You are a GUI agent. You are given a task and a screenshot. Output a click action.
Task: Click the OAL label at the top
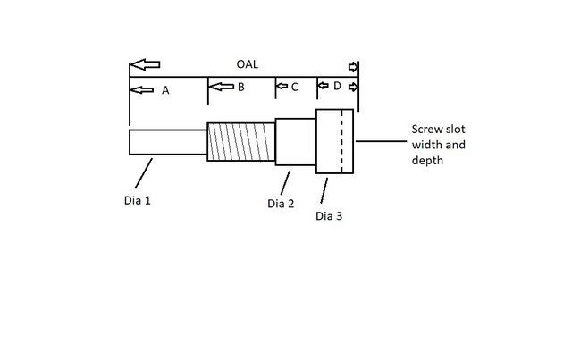tap(248, 65)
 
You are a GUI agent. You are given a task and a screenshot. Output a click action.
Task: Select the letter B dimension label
tap(240, 87)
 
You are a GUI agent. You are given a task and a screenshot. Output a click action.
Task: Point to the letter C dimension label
tap(294, 87)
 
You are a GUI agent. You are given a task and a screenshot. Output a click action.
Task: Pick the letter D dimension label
tap(336, 87)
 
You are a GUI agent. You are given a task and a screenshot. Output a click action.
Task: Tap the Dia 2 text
tap(281, 204)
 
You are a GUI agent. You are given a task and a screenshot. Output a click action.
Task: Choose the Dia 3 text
tap(329, 215)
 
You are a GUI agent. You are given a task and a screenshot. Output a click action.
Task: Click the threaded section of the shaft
tap(240, 141)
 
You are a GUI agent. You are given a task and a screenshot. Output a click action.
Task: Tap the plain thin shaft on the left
tap(168, 142)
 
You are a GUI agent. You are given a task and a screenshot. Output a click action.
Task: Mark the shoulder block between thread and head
tap(295, 141)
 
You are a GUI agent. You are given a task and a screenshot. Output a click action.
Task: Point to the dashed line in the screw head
tap(341, 141)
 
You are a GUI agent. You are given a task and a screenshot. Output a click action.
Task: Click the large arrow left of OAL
tap(144, 65)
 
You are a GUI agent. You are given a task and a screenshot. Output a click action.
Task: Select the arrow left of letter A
tap(141, 89)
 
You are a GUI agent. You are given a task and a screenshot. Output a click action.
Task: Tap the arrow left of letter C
tap(282, 87)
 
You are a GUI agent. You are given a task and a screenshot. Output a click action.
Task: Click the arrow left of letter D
tap(324, 87)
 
